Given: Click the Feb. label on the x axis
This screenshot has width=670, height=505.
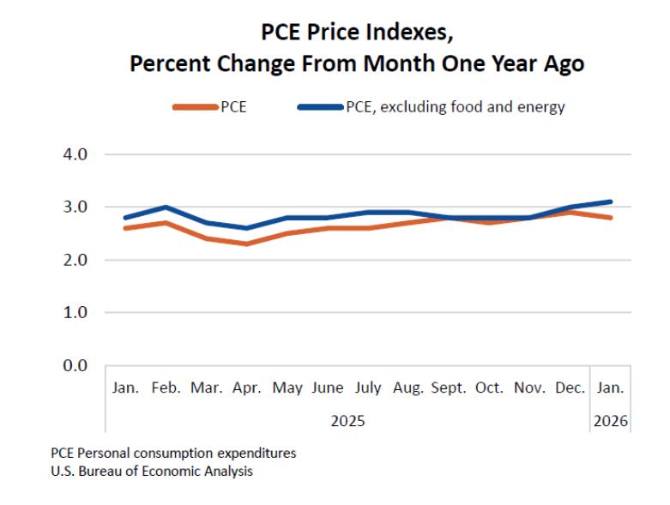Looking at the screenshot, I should pos(166,388).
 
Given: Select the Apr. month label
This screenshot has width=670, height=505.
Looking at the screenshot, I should pos(247,388).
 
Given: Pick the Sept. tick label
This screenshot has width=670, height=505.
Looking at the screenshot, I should pos(449,388).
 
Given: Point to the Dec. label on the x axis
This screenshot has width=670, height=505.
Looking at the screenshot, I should pos(570,388).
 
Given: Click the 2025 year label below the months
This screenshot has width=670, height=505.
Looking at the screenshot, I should pos(347,421).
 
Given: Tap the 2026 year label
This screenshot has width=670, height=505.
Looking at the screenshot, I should pos(610,421).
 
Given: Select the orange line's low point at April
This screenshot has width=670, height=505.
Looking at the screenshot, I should pos(247,243).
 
